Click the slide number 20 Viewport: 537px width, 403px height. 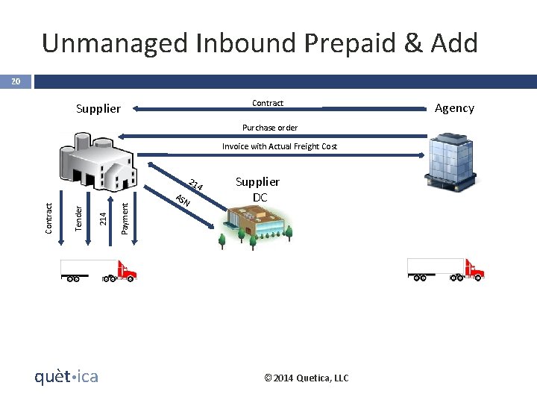15,81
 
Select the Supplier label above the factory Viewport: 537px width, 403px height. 98,108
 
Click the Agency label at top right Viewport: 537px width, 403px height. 454,107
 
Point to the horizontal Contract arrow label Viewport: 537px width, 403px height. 268,103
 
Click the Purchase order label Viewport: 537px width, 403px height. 270,128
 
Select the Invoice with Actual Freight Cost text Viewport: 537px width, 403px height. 280,146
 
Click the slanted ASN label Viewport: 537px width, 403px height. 183,200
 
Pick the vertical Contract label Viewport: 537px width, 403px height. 48,217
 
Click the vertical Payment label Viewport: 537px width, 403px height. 125,217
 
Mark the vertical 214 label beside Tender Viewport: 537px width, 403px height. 103,217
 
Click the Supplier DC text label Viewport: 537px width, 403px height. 258,190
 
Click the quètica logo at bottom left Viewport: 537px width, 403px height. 66,377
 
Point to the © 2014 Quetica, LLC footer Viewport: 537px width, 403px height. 306,378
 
